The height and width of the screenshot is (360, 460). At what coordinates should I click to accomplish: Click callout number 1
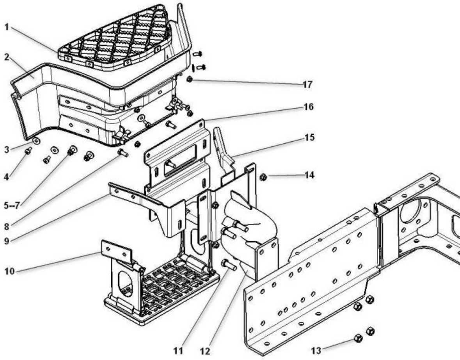click(7, 28)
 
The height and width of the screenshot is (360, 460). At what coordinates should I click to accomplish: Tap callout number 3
click(7, 149)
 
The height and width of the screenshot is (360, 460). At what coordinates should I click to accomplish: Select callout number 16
click(309, 107)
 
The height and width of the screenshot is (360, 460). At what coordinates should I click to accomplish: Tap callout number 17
click(308, 84)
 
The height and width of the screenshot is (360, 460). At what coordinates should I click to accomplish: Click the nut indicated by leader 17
click(189, 80)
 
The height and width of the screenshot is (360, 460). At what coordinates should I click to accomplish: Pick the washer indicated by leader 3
click(36, 141)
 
